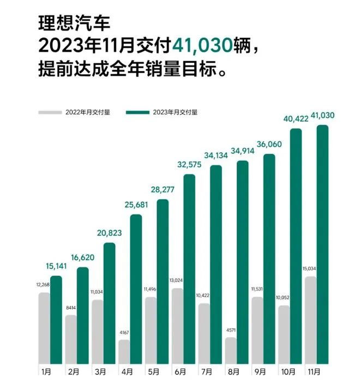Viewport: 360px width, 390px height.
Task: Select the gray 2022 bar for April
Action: [x=124, y=352]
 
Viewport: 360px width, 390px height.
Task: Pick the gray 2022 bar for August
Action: [x=231, y=350]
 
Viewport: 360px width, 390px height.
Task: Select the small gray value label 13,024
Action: [x=177, y=281]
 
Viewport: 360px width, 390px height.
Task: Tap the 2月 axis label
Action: [x=74, y=372]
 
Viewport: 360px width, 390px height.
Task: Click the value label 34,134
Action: [x=217, y=155]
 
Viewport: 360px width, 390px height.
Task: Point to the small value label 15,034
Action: [x=310, y=269]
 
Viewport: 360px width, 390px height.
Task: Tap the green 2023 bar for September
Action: [x=269, y=259]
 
